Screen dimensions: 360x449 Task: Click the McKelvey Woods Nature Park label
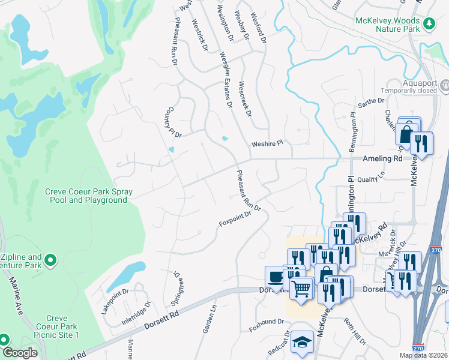[388, 24]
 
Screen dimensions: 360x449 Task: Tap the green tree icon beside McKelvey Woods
[429, 23]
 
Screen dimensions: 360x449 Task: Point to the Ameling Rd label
[382, 159]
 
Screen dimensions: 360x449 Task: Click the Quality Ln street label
[370, 178]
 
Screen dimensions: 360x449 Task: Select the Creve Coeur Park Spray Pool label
[88, 196]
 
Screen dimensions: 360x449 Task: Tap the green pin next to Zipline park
[51, 260]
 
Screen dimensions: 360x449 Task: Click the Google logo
[20, 353]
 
